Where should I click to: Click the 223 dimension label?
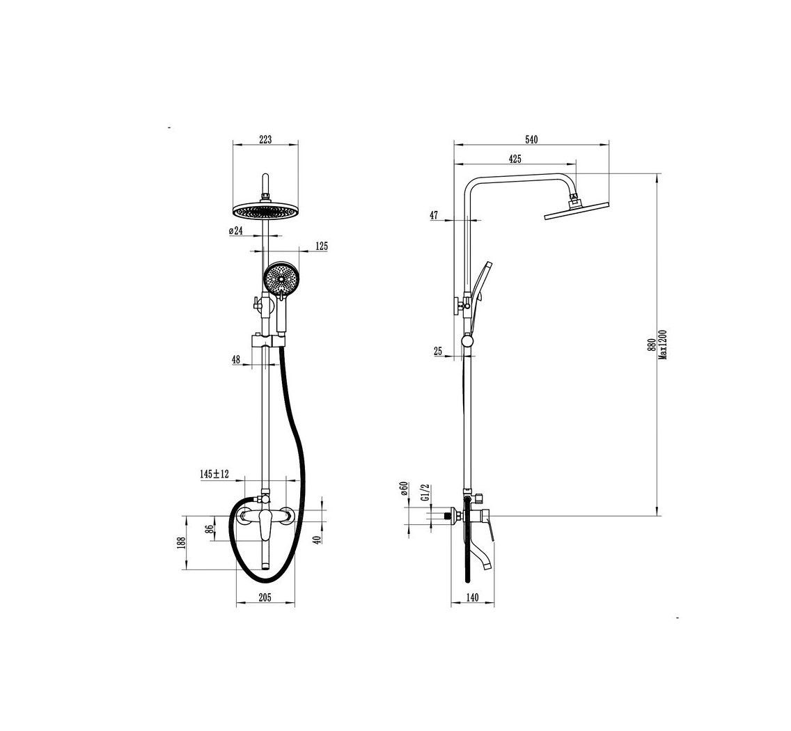(265, 140)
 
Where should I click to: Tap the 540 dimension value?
(531, 140)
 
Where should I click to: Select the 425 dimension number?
(515, 159)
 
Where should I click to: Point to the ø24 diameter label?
(236, 230)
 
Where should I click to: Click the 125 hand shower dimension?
(321, 246)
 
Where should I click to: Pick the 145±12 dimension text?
(214, 473)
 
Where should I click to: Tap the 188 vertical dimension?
(182, 542)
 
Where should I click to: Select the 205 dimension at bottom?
(265, 597)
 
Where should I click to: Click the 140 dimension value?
(472, 597)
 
